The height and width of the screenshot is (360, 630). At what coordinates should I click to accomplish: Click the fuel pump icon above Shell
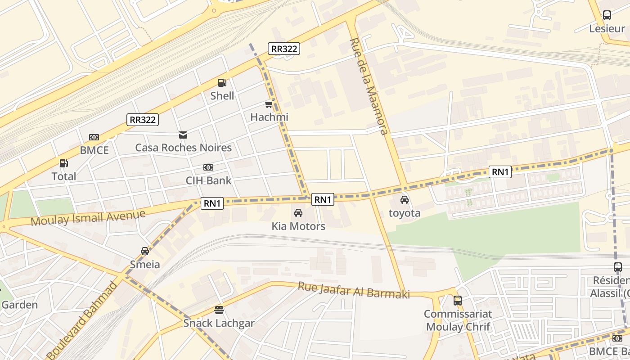point(222,83)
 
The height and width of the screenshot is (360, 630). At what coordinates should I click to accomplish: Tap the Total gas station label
point(64,176)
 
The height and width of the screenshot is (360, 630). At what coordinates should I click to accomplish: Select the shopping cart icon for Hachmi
point(269,104)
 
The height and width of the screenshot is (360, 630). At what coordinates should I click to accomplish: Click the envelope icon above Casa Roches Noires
point(183,135)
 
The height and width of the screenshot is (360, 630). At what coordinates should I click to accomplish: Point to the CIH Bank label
point(208,180)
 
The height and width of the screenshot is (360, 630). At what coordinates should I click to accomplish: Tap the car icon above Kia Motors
point(298,213)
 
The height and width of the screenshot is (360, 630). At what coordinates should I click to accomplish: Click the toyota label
point(404,213)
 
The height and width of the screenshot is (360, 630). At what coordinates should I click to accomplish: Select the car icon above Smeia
point(144,251)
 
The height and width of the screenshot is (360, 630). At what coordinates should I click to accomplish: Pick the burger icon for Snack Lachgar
point(219,310)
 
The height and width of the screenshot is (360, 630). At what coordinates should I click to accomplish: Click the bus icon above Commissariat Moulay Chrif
point(458,300)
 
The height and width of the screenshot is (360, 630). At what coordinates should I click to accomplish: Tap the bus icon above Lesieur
point(607,16)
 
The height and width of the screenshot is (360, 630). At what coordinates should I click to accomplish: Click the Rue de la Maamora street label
point(369,86)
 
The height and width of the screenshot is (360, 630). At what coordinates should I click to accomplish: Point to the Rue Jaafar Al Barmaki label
point(354,290)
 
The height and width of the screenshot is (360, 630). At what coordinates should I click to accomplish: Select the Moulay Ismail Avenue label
point(88,218)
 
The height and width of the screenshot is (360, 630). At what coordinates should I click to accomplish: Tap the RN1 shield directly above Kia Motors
point(323,199)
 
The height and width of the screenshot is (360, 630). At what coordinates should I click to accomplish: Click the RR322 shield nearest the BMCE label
point(143,120)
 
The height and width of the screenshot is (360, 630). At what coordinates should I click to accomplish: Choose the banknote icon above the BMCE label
point(94,137)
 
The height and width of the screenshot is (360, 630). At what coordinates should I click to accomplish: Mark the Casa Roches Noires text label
point(183,148)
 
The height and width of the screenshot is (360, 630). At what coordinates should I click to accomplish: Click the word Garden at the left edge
point(19,305)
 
